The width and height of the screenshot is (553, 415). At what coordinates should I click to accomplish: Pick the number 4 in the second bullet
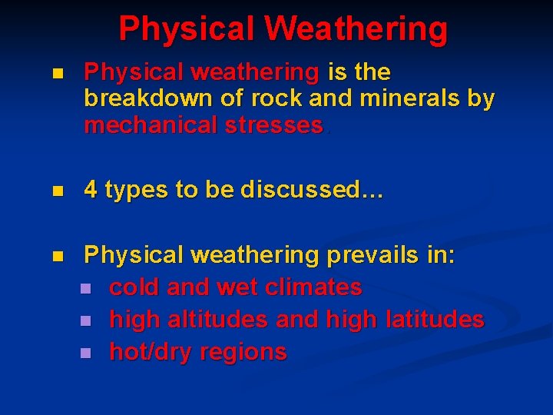pyautogui.click(x=91, y=190)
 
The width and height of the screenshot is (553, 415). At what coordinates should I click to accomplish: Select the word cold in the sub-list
pyautogui.click(x=135, y=287)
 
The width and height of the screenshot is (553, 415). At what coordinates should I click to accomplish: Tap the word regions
pyautogui.click(x=243, y=352)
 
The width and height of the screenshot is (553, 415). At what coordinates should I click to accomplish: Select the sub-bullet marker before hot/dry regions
pyautogui.click(x=84, y=353)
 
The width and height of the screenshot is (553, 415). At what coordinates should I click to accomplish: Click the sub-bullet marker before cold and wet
pyautogui.click(x=84, y=288)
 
